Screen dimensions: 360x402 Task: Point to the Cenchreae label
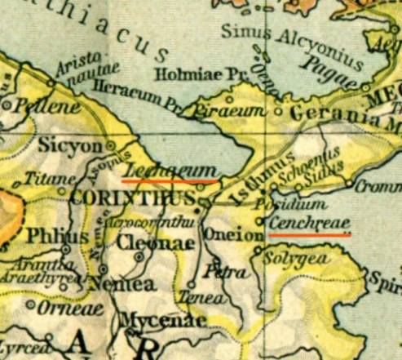point(306,221)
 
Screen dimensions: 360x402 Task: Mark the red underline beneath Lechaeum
point(170,178)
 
